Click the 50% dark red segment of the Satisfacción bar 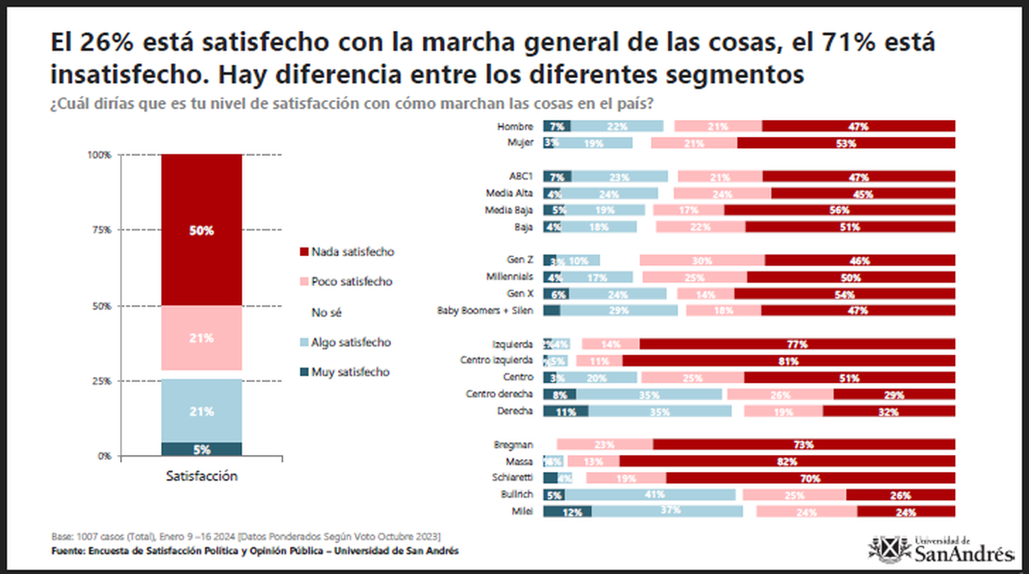point(202,230)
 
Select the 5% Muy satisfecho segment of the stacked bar point(202,448)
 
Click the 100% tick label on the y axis point(99,155)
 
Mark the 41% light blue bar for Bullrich point(650,494)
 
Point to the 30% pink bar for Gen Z point(703,260)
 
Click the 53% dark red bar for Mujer point(845,143)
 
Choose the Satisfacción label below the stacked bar point(202,475)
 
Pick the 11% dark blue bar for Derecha point(565,411)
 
